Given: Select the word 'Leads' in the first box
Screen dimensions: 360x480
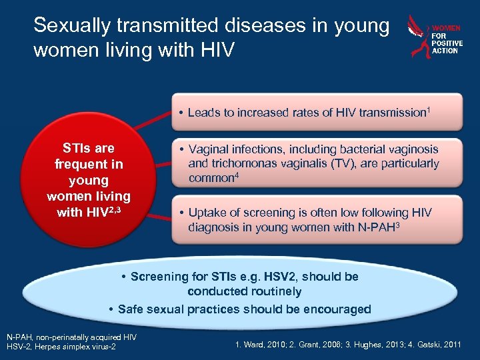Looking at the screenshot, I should pos(203,113).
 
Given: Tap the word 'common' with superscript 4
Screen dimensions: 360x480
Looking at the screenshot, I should pos(211,178).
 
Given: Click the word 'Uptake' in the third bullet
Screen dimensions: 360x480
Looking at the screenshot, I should pos(208,213).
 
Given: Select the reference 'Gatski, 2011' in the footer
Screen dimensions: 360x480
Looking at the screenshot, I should pos(445,345).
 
